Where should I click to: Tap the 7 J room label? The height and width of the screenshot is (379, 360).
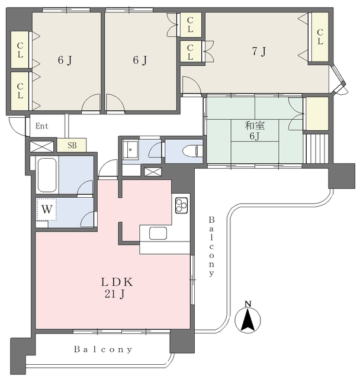[259, 52]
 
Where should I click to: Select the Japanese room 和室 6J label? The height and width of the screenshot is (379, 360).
[255, 131]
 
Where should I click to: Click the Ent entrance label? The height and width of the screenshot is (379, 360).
[42, 126]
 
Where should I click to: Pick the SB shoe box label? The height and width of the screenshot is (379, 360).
[72, 145]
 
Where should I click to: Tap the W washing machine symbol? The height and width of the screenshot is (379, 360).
[46, 209]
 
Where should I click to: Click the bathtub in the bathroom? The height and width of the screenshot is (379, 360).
[47, 175]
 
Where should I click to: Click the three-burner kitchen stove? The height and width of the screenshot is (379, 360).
[182, 205]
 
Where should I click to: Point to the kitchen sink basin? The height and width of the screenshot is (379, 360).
[158, 233]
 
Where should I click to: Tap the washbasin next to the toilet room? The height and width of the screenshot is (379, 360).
[130, 149]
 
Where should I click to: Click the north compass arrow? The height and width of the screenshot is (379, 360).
[248, 320]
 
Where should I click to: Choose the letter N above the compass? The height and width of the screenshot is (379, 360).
[248, 304]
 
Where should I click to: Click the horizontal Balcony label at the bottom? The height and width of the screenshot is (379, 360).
[103, 349]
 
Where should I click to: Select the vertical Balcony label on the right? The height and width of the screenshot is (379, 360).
[211, 246]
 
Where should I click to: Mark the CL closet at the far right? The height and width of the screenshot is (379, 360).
[320, 37]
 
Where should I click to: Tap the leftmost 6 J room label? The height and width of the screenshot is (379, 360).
[65, 60]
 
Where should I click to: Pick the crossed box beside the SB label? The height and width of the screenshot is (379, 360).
[41, 147]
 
